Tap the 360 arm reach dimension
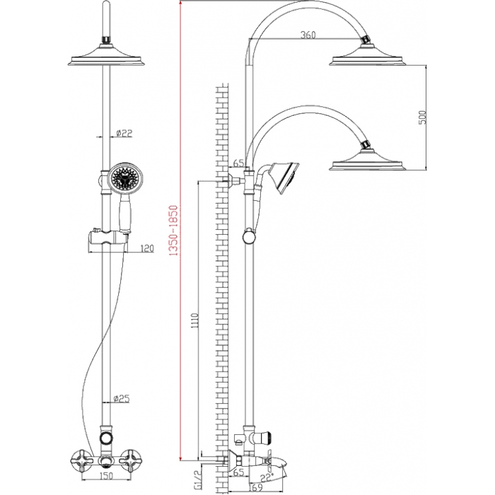point(308,35)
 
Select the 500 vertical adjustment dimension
point(422,117)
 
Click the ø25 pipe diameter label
point(122,399)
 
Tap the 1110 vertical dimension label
point(194,321)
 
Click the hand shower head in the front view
point(124,179)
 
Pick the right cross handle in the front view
point(130,461)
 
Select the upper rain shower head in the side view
point(368,56)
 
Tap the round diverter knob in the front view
point(106,438)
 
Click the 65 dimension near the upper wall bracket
point(239,163)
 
